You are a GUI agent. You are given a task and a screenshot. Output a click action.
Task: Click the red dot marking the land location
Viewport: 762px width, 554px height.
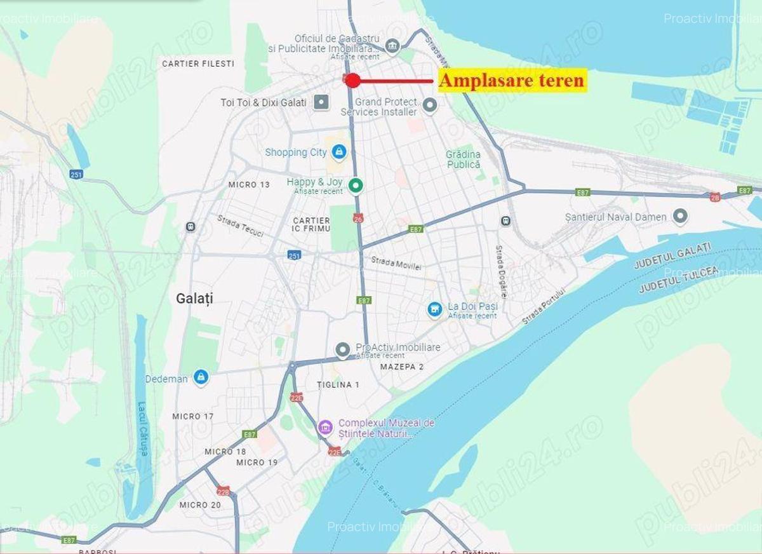tap(353, 80)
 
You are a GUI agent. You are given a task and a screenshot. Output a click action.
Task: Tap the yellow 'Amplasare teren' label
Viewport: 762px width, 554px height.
tap(511, 81)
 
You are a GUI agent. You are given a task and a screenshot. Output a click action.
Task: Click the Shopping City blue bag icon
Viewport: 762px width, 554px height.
tap(340, 152)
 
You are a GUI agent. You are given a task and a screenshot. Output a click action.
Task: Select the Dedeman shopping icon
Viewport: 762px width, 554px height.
tap(201, 377)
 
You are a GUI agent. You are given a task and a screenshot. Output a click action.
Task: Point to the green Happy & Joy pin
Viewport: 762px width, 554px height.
tap(356, 185)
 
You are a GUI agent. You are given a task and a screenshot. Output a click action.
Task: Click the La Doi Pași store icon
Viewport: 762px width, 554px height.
tap(435, 309)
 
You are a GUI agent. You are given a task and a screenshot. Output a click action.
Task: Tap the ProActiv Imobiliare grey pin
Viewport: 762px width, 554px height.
tap(342, 349)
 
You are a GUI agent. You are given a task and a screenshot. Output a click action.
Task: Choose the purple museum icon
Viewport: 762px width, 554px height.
tap(325, 427)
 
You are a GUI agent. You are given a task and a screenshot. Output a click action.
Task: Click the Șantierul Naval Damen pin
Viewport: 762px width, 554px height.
tap(680, 217)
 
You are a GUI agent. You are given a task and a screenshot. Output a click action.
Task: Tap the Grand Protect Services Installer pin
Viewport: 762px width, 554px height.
tap(430, 105)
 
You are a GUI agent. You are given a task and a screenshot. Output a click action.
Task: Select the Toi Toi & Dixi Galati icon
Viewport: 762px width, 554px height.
tap(322, 102)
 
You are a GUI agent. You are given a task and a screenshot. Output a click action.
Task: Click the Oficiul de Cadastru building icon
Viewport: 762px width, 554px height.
tap(392, 45)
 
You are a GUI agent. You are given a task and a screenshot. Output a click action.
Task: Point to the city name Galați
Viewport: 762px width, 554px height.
tap(194, 299)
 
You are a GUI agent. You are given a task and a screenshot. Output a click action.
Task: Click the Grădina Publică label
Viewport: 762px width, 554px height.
tap(463, 159)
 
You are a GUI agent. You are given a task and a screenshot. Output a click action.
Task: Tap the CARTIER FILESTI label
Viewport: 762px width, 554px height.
tap(198, 64)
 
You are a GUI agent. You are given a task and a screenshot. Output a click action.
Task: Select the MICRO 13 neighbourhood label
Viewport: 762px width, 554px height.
tap(249, 185)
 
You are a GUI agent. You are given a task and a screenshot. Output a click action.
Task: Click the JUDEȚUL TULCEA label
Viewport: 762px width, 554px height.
tap(678, 280)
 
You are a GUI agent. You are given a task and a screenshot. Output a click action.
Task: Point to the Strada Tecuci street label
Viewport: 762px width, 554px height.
tap(240, 226)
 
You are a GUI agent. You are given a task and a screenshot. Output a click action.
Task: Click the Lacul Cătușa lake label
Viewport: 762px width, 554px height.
tap(143, 429)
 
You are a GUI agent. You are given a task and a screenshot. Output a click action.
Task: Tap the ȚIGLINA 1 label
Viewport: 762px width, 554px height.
tap(338, 385)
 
